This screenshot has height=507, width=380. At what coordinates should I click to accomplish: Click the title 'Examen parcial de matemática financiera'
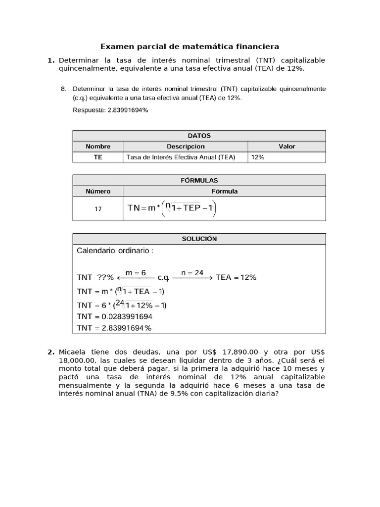click(190, 47)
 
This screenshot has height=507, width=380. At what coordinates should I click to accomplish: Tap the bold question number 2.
click(50, 352)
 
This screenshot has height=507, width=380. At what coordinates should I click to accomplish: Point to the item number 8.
click(63, 89)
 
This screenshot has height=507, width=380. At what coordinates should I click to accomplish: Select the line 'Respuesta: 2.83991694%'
click(110, 110)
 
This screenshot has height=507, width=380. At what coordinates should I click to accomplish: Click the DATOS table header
click(199, 135)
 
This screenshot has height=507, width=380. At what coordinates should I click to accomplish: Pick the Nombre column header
click(98, 147)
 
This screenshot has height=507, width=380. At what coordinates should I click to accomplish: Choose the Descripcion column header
click(186, 147)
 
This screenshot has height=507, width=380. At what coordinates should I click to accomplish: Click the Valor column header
click(286, 147)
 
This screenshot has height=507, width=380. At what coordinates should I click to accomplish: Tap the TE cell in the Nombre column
click(98, 157)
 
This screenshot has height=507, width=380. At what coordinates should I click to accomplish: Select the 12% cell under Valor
click(258, 157)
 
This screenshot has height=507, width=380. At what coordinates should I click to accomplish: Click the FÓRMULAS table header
click(199, 180)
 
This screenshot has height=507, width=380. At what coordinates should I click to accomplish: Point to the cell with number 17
click(98, 209)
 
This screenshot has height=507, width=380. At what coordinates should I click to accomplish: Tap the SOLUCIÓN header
click(199, 239)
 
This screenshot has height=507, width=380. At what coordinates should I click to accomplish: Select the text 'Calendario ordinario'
click(113, 251)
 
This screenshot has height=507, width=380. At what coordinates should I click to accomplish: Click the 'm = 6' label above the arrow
click(136, 273)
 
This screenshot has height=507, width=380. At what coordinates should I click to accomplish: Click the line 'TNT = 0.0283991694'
click(114, 316)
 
